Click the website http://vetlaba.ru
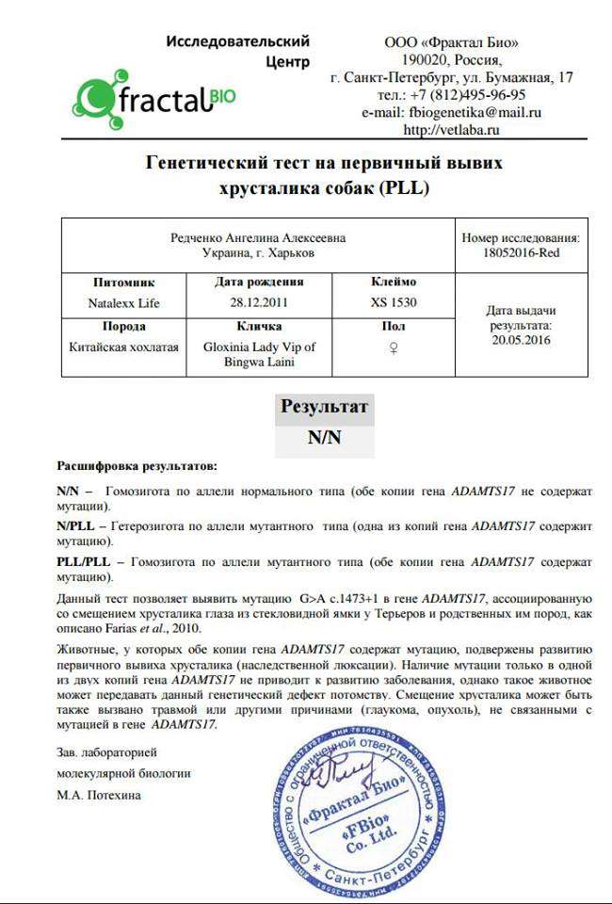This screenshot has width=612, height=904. (x=451, y=129)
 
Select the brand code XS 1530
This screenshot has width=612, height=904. (x=394, y=302)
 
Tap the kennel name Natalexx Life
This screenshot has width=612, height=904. (x=123, y=302)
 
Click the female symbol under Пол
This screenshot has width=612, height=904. (x=394, y=347)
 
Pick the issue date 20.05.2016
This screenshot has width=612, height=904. (x=521, y=340)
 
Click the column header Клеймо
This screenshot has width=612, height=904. (x=394, y=282)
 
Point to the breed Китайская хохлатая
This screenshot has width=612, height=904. (x=123, y=347)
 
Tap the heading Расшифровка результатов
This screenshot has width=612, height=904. (x=137, y=465)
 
